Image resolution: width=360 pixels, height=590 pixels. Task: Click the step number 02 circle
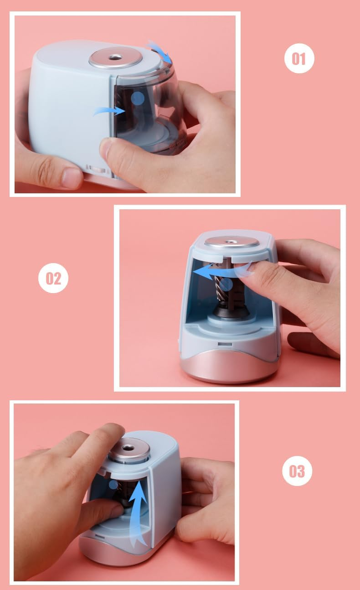pyautogui.click(x=53, y=278)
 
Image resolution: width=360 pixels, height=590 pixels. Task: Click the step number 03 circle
pyautogui.click(x=297, y=471)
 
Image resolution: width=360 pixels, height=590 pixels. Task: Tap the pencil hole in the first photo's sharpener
pyautogui.click(x=116, y=57)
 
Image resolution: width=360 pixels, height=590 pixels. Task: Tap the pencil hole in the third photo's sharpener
pyautogui.click(x=130, y=449)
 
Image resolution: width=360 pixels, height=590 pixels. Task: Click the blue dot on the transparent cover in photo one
pyautogui.click(x=138, y=98)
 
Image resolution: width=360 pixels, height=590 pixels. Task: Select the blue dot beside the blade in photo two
pyautogui.click(x=227, y=284)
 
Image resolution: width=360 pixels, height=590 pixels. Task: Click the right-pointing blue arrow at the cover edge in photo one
pyautogui.click(x=110, y=110)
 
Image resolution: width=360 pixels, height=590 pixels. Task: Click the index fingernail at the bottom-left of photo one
pyautogui.click(x=72, y=178)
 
